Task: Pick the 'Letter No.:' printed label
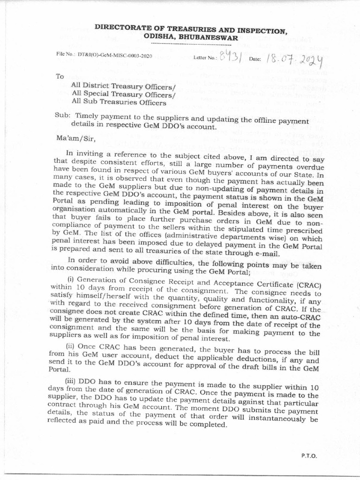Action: click(x=205, y=58)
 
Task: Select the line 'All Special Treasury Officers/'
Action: click(x=123, y=93)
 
